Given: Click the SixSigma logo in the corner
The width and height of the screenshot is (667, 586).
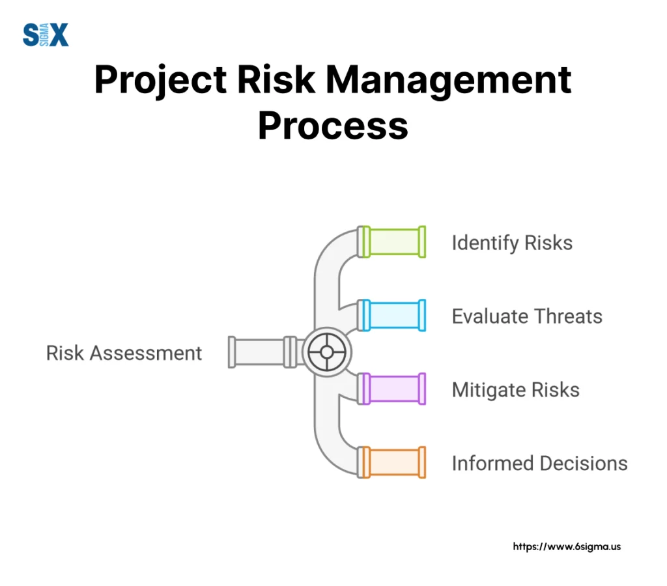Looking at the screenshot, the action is (x=46, y=35).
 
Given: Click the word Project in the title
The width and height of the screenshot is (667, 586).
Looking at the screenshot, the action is (x=161, y=80).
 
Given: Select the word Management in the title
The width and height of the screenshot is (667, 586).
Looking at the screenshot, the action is (x=449, y=80).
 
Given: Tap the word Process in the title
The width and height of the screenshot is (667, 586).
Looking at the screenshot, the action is (x=333, y=126).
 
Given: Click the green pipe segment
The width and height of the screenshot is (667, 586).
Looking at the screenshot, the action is (x=391, y=242).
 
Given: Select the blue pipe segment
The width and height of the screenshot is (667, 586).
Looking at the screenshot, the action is (x=391, y=316).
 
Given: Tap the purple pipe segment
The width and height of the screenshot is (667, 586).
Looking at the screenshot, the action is (x=391, y=389).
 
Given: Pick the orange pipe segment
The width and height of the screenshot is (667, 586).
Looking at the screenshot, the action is (x=391, y=462).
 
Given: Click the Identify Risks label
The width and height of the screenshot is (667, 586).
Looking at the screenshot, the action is (x=512, y=244).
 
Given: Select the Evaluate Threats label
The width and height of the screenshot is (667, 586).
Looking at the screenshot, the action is (x=527, y=316).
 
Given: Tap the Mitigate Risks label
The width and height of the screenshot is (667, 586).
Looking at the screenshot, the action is (x=516, y=391).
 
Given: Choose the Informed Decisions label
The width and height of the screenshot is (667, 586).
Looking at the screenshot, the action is (x=540, y=464).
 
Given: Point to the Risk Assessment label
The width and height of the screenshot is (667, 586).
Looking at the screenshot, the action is (x=124, y=353).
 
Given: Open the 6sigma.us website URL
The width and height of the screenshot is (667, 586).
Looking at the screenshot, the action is (x=567, y=547).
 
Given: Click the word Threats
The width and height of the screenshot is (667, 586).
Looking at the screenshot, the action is (x=568, y=316).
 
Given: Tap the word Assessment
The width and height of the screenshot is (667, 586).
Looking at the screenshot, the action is (x=146, y=353).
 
